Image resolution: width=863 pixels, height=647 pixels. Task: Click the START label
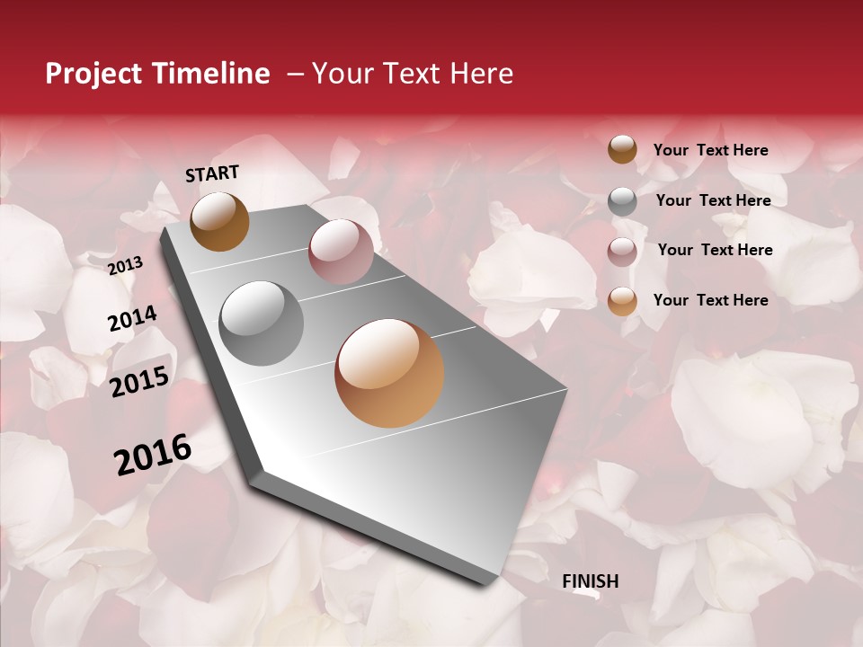(x=212, y=173)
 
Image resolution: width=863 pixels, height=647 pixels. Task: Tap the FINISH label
(x=590, y=581)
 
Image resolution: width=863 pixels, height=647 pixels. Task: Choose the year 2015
(x=139, y=382)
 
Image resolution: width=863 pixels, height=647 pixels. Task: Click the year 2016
(x=153, y=454)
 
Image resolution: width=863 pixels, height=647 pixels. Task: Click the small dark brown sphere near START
(x=219, y=221)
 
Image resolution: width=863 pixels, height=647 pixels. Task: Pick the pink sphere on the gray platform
(x=341, y=252)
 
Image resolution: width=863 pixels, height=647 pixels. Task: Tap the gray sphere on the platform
(x=262, y=323)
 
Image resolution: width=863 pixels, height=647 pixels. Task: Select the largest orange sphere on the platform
(x=389, y=373)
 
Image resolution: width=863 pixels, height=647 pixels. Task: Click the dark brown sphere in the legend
(x=622, y=149)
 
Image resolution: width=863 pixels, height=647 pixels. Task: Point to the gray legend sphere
(x=622, y=201)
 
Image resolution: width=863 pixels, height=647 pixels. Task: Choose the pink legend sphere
(x=622, y=252)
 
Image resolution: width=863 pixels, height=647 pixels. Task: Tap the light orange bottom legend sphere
(x=622, y=301)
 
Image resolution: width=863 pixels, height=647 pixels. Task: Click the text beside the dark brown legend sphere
(x=710, y=151)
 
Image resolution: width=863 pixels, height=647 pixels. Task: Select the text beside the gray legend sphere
(x=713, y=200)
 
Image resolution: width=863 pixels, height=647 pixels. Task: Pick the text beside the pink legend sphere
(x=715, y=250)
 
